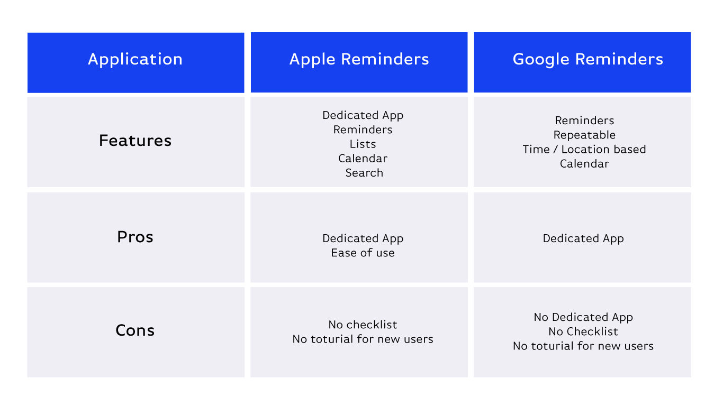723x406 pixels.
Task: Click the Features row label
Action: point(135,141)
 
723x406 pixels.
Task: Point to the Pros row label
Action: point(135,237)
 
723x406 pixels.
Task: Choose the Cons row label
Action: point(135,330)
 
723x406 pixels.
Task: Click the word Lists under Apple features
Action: point(363,144)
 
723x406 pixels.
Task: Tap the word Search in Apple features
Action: point(364,173)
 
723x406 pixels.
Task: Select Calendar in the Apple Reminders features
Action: point(363,159)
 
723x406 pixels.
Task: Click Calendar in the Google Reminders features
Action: point(584,164)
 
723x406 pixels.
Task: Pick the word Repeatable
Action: point(584,135)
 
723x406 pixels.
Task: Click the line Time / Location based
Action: point(584,149)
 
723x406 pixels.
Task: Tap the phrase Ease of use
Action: point(363,253)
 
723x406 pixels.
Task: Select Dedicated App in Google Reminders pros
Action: point(583,238)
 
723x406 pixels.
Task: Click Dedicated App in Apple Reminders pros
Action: point(363,238)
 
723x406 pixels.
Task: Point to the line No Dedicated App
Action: point(583,317)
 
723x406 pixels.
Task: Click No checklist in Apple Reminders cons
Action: point(363,325)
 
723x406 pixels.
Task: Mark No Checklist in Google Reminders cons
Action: point(583,331)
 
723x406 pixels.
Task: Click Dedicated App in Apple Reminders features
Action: point(363,115)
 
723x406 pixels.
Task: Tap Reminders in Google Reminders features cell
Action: point(584,121)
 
